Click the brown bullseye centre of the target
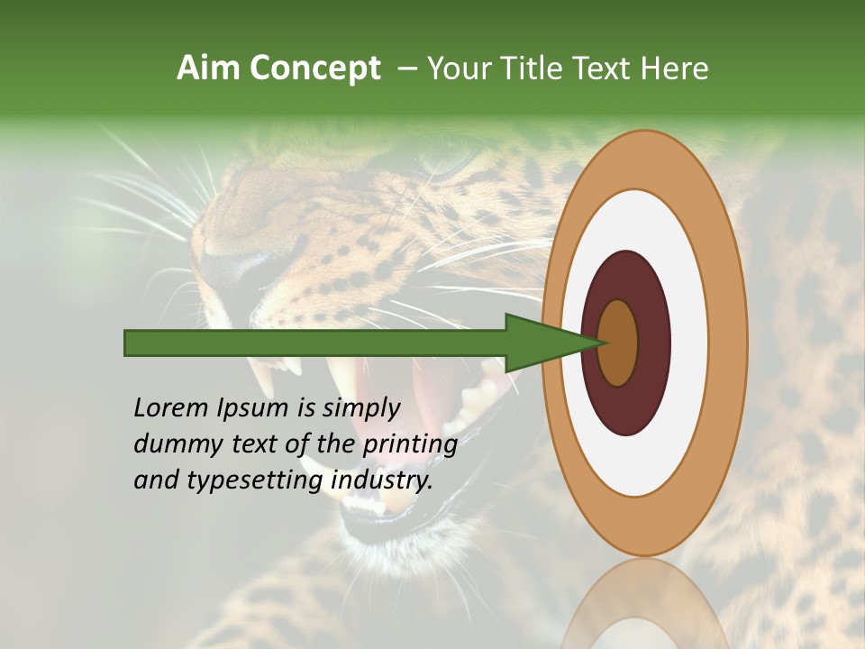pos(618,343)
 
